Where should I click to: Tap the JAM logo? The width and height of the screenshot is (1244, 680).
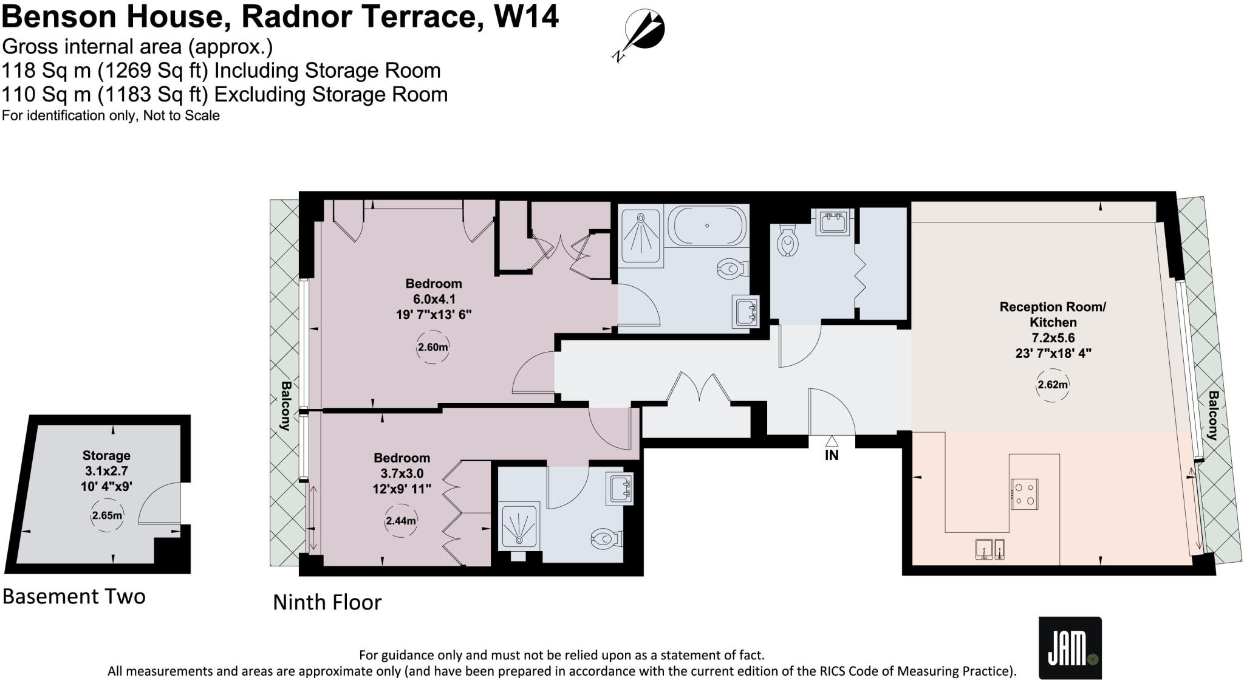[x=1069, y=648]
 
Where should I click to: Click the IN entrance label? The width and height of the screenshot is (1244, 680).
[x=832, y=455]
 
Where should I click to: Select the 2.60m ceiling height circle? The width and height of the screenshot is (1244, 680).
[x=432, y=348]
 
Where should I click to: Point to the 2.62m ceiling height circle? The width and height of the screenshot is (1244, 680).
[x=1052, y=385]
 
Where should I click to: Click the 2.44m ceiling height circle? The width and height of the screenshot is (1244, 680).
[x=401, y=521]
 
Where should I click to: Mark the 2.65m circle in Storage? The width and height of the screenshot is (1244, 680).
[x=107, y=516]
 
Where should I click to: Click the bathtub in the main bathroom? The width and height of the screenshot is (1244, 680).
[x=707, y=225]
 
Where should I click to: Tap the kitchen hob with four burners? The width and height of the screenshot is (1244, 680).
[x=1024, y=493]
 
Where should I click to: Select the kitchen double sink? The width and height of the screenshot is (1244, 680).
[x=989, y=549]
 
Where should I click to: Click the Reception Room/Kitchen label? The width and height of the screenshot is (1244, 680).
[x=1053, y=315]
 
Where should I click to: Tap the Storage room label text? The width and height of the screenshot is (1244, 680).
[x=106, y=455]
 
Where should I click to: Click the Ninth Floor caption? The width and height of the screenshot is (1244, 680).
[x=327, y=602]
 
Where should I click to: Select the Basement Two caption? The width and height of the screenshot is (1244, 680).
[x=74, y=596]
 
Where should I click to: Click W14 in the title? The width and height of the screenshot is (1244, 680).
[x=526, y=16]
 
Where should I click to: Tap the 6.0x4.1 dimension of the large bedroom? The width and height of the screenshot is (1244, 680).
[x=434, y=299]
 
